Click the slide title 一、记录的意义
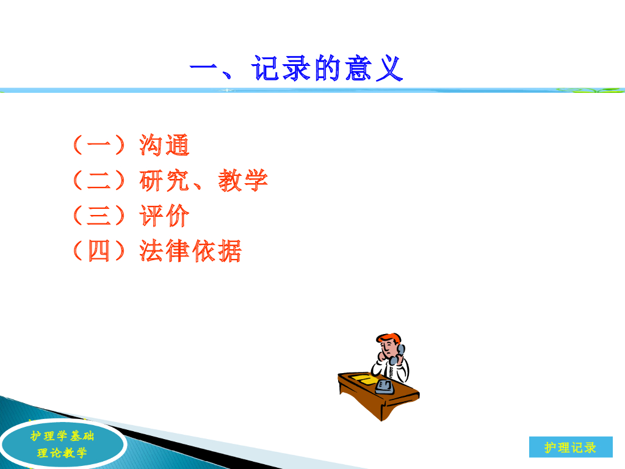(296, 68)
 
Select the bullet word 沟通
(164, 145)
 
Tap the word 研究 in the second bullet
(164, 180)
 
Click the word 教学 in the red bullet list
(243, 180)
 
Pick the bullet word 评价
(164, 216)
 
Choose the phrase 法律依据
(190, 251)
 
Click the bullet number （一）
(99, 145)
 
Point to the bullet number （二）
(99, 180)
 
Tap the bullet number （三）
(99, 216)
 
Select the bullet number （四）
(99, 251)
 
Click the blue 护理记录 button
(571, 447)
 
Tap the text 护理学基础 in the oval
(62, 436)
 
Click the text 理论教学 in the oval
(62, 453)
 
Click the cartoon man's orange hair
(389, 338)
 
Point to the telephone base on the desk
(385, 387)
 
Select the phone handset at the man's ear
(398, 355)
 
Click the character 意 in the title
(358, 68)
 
